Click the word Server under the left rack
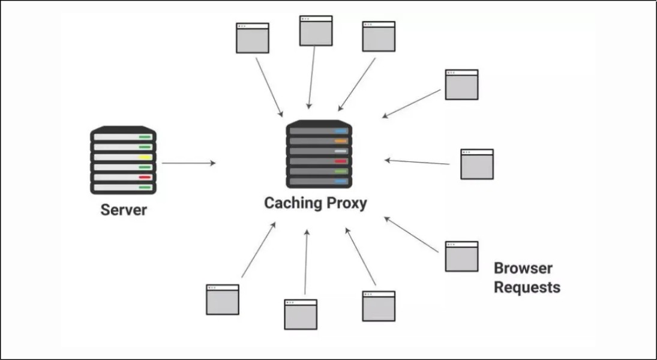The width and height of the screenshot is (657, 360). (124, 210)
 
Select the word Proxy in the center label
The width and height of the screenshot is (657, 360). (346, 203)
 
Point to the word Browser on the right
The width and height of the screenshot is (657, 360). (523, 268)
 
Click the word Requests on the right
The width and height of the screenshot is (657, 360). (527, 287)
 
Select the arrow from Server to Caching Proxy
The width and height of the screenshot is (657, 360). (188, 163)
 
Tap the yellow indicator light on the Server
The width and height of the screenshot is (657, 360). (145, 157)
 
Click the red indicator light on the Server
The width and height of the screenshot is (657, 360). (145, 177)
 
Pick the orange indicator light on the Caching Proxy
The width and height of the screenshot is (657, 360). (341, 141)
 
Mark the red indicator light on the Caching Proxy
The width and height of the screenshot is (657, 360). (341, 161)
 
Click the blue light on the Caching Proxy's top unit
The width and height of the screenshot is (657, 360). (341, 131)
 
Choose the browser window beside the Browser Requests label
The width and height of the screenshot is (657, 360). (461, 256)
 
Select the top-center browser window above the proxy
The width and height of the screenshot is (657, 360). (316, 31)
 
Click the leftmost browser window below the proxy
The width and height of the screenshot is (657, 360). (223, 299)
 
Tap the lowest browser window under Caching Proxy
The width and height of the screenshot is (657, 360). (301, 314)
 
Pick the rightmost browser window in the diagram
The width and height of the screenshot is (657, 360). (477, 164)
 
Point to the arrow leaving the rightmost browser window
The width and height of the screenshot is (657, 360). (417, 161)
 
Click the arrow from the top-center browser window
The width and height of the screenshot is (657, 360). (311, 78)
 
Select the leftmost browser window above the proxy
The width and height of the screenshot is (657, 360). (253, 38)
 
